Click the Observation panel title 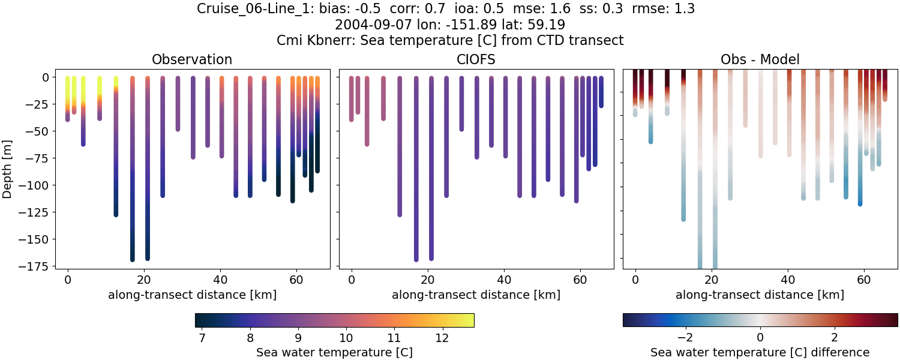point(192,59)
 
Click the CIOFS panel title point(476,59)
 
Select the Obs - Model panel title point(760,59)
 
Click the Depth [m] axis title point(8,169)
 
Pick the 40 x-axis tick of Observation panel point(220,279)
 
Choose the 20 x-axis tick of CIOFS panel point(428,279)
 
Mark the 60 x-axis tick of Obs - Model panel point(864,279)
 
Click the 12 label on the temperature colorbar point(442,337)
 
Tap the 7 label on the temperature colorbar point(202,337)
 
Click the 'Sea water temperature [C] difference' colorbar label point(760,352)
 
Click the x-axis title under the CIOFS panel point(476,295)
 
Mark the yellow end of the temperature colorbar point(470,320)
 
